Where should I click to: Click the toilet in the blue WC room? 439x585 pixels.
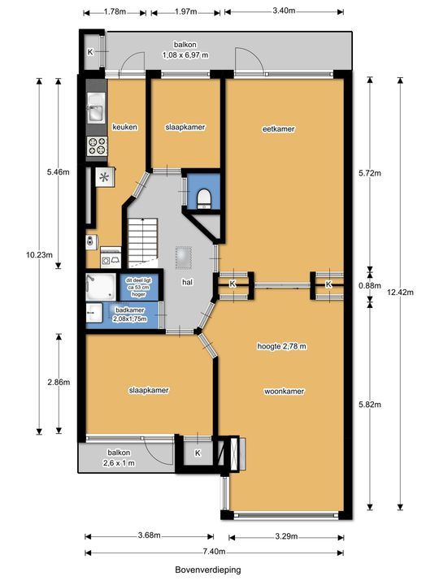(204, 198)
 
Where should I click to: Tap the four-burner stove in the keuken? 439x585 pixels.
(97, 146)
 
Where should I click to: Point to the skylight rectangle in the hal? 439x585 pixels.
(184, 257)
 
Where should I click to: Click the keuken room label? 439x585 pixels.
(124, 128)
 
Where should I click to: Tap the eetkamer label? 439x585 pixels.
(279, 129)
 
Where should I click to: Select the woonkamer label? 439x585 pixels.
(284, 392)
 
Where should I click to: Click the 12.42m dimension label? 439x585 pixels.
(400, 292)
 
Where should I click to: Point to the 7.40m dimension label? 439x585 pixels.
(215, 552)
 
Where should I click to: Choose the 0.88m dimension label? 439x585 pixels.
(370, 286)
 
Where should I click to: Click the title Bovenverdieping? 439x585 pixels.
(208, 570)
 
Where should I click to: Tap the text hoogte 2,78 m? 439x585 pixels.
(282, 346)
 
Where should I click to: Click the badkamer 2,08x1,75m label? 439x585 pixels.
(130, 314)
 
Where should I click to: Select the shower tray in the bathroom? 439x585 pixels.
(101, 287)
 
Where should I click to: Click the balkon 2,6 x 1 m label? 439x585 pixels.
(119, 457)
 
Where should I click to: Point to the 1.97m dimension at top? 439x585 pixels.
(185, 11)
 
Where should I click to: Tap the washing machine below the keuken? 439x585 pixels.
(111, 258)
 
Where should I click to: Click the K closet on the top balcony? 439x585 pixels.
(90, 52)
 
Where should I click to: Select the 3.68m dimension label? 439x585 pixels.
(149, 535)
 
